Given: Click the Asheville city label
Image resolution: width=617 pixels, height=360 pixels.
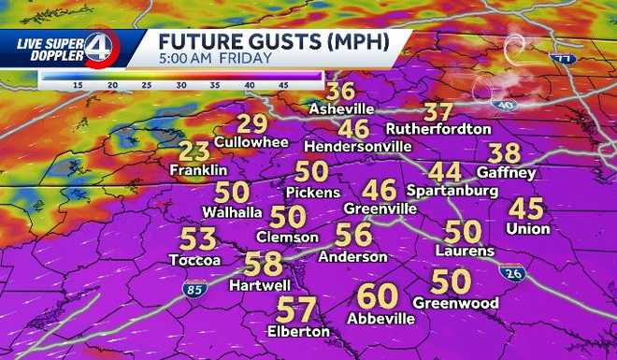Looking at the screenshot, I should point(341,109).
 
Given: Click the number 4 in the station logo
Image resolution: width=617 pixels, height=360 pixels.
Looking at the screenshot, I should point(97,48).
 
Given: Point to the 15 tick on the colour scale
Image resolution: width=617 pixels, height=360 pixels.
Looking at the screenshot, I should point(79,85).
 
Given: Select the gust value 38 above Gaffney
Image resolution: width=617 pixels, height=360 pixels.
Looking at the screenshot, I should point(505,153).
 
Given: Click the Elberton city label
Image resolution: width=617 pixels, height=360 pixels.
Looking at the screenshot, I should point(298,331).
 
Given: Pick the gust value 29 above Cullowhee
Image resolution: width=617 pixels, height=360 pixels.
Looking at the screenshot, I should point(251,123).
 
